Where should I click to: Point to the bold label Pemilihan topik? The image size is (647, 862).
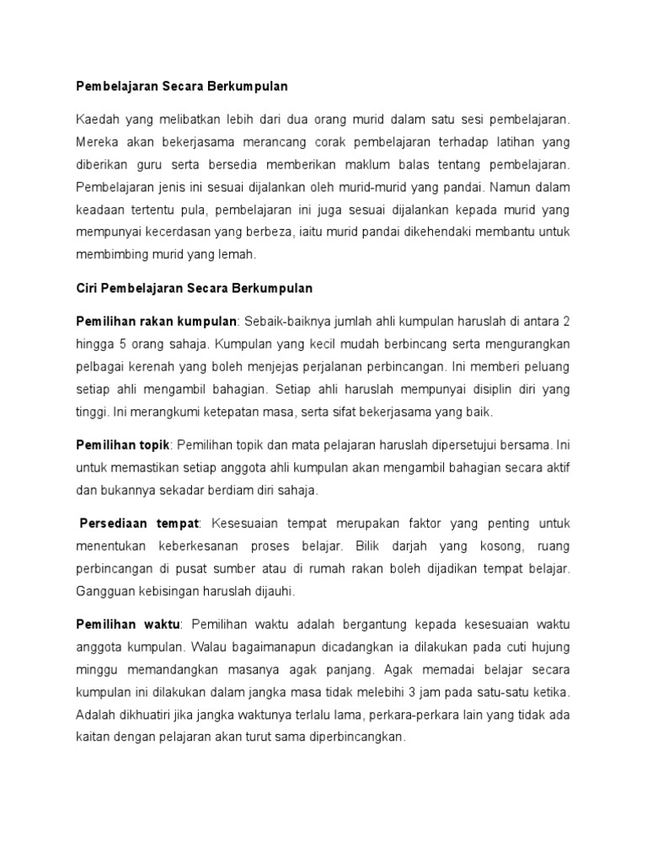[x=123, y=444]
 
